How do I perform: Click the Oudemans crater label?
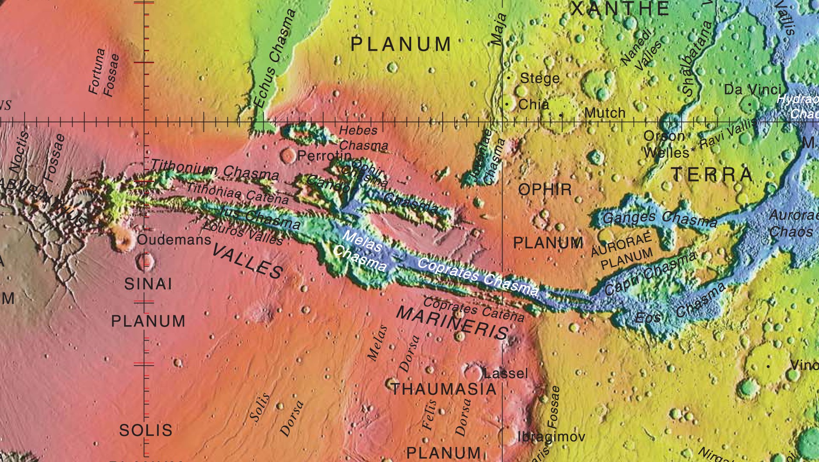pos(174,240)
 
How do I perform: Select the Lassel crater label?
pos(506,374)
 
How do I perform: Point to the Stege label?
pos(540,78)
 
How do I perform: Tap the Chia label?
pos(534,104)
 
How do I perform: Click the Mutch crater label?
pos(604,113)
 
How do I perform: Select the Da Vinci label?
pos(752,90)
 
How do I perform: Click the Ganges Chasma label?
pos(659,219)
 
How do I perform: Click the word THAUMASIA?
pos(444,389)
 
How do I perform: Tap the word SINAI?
pos(148,284)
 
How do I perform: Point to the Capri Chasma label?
pos(651,273)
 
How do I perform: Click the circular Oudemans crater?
pos(123,240)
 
